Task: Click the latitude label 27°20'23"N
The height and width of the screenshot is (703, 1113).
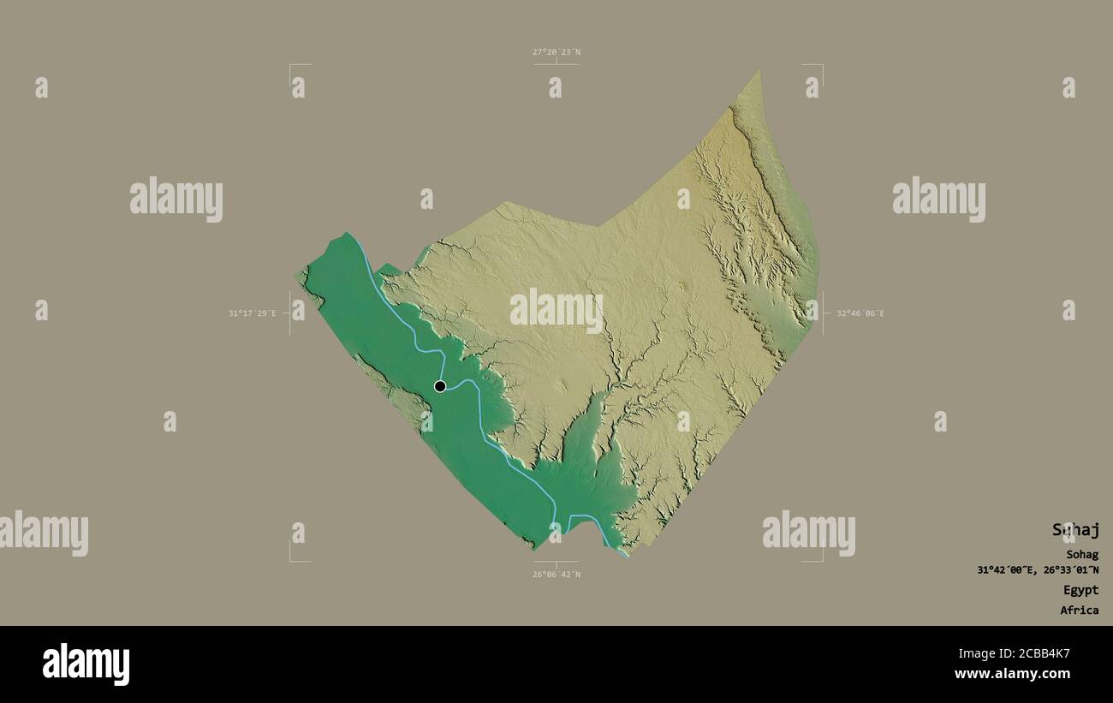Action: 556,52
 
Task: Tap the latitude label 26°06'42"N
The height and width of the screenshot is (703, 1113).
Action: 556,575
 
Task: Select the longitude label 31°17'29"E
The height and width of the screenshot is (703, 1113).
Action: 252,313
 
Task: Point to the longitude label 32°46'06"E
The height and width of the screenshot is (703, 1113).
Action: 860,313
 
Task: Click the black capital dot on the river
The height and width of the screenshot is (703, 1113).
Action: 440,386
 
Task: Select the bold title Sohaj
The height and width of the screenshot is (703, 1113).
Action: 1075,530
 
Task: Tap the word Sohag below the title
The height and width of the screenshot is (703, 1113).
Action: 1082,555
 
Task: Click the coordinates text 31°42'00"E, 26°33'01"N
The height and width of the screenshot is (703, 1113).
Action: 1039,570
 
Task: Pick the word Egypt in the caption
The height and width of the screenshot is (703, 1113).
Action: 1080,590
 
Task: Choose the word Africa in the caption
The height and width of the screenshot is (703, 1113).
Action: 1079,611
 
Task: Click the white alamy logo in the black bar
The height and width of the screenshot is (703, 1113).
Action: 86,664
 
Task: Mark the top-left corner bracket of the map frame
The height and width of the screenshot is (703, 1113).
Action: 291,66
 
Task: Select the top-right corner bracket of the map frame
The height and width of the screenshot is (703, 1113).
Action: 821,66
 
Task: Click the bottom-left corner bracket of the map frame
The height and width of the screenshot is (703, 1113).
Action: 291,560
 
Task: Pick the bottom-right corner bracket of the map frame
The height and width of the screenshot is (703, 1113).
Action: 821,560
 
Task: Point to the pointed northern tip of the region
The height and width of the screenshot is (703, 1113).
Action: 759,72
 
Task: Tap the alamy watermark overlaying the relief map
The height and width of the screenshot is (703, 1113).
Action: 556,310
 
